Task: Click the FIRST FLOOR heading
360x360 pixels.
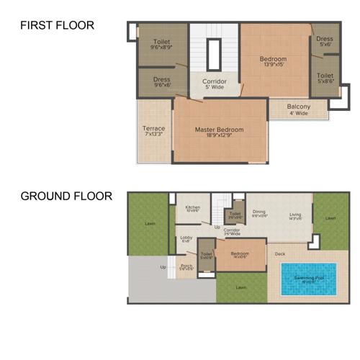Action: [57, 26]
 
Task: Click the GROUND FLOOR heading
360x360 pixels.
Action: [66, 196]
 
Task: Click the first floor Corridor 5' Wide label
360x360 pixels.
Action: [213, 84]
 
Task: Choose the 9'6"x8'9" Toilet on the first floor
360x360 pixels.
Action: [161, 45]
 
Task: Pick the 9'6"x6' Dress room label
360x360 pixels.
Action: [161, 82]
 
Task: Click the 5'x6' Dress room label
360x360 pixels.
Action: [324, 41]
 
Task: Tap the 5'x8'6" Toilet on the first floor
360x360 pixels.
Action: [325, 78]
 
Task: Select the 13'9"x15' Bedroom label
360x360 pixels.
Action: [273, 61]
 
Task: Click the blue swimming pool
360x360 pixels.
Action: [308, 279]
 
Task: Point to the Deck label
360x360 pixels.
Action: [281, 253]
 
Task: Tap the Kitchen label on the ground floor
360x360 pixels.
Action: [192, 209]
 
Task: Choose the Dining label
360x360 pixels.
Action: [259, 213]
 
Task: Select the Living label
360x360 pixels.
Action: [295, 215]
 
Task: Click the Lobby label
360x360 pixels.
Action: [186, 238]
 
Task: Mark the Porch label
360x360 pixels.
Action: [186, 266]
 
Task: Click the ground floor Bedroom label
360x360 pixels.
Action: [240, 255]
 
